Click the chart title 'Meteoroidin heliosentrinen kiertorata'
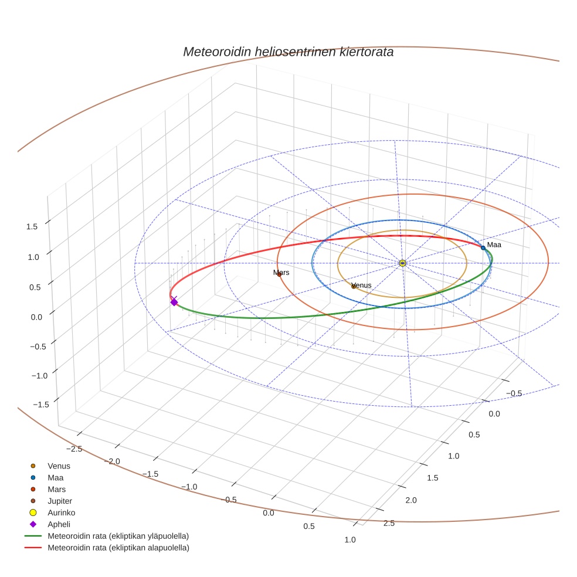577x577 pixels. [x=288, y=52]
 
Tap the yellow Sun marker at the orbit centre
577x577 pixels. [x=402, y=263]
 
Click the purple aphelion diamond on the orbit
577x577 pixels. [x=174, y=302]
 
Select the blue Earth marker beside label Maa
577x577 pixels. [x=483, y=247]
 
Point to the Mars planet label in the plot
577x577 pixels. [x=281, y=273]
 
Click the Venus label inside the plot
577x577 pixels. [x=361, y=285]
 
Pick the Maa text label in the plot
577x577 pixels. [x=494, y=245]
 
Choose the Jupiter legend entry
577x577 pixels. [x=60, y=501]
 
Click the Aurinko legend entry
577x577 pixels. [x=61, y=512]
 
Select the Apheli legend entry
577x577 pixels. [x=59, y=524]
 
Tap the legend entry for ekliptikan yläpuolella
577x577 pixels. [x=118, y=536]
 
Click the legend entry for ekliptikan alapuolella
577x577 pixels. [x=118, y=548]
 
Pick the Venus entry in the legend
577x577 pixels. [x=59, y=466]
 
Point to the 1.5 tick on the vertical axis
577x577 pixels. [x=32, y=226]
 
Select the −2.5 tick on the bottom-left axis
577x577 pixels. [x=73, y=449]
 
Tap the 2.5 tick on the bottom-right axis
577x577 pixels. [x=388, y=523]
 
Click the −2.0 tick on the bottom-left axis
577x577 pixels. [x=111, y=461]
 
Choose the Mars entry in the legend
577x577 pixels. [x=56, y=489]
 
